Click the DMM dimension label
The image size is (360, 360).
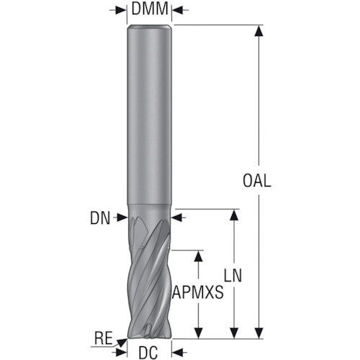150,11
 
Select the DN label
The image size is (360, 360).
102,215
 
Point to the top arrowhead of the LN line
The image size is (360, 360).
234,214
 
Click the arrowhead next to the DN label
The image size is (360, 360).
122,215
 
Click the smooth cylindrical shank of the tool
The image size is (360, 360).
150,115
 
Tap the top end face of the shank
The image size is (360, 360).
150,26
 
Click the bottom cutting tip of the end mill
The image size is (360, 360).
150,334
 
